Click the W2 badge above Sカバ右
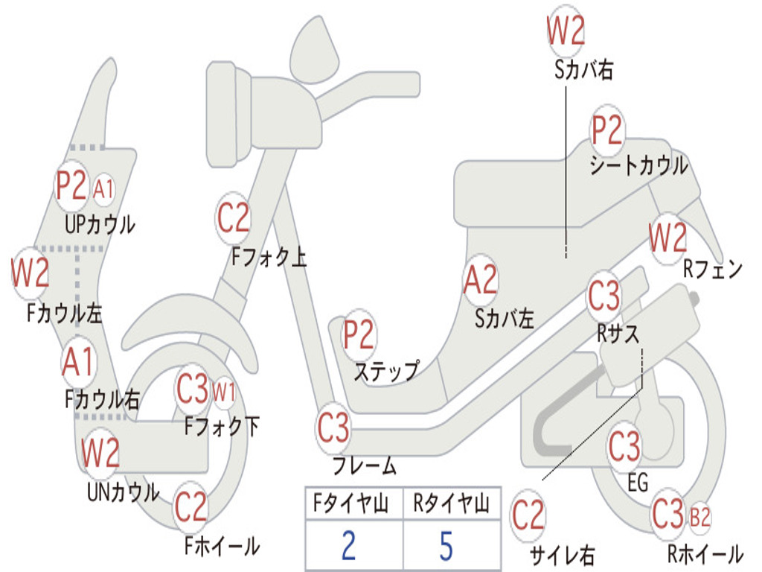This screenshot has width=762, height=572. coord(566,30)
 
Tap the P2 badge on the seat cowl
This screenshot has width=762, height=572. coord(606,130)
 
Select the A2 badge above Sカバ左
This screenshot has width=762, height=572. coord(481,279)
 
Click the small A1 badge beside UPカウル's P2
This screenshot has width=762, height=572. coord(103,188)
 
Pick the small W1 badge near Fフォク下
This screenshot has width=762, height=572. coord(223,392)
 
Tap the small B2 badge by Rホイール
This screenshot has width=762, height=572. coord(699,517)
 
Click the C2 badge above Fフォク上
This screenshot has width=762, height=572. coord(233,218)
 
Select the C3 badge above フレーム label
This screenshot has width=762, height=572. coord(333,428)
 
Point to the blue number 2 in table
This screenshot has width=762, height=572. coord(348,545)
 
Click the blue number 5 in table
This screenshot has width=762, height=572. coord(446,545)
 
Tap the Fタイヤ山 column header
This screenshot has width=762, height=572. coord(351,503)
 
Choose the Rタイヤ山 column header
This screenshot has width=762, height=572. coord(452,503)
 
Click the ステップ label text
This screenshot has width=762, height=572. coord(387,372)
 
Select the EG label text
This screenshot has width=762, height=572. coord(638,483)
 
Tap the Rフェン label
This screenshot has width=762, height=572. coord(713,269)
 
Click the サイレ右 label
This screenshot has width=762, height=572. coord(563,554)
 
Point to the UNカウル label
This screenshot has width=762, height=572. coord(123,492)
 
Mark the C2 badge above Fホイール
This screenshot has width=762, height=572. coord(191,508)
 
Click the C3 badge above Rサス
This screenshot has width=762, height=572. coord(604,296)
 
